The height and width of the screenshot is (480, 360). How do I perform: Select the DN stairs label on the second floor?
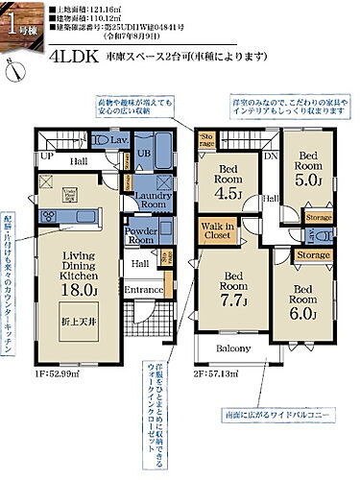272,154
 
